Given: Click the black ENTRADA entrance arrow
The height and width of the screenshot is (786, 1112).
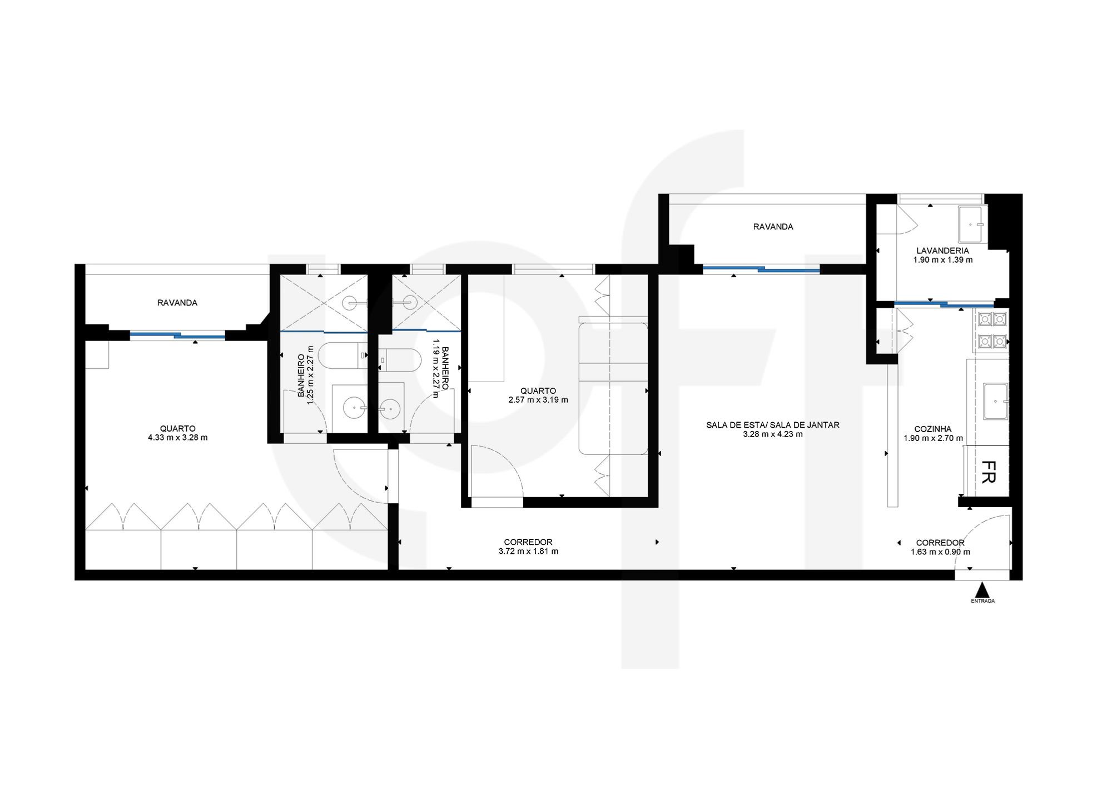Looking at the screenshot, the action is coord(982,589).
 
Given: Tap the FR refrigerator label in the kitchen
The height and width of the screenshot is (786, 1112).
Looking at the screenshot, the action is coord(987,472).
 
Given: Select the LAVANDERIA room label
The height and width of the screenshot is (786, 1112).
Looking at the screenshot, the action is coord(942,251).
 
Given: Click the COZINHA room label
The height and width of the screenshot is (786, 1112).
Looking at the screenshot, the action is coord(933,429).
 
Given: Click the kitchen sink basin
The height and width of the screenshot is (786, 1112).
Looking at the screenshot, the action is coord(996,402).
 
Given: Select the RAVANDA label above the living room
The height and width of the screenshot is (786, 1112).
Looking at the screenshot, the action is coord(773,227).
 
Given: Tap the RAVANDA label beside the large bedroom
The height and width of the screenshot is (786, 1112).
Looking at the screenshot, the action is coord(177,303).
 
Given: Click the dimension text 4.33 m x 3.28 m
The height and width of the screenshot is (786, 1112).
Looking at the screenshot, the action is coord(178,437).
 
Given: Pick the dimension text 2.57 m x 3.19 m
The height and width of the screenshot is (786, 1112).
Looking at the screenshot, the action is coord(538,399).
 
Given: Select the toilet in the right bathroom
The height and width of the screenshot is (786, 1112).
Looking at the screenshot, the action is coord(400,360).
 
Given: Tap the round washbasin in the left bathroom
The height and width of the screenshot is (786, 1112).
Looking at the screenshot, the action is coord(354,409).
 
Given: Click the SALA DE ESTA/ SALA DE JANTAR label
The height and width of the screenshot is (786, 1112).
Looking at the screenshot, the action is coord(773,425).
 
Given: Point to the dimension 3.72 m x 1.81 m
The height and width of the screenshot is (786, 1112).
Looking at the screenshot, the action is coord(528,552).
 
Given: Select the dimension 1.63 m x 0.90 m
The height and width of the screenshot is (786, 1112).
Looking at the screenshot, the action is coord(940,552).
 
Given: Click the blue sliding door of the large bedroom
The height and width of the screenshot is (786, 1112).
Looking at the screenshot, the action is coord(178,334).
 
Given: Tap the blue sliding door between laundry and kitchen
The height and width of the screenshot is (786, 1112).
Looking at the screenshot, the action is coord(944,303).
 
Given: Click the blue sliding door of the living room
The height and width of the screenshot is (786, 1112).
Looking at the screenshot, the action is coord(761,269).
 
